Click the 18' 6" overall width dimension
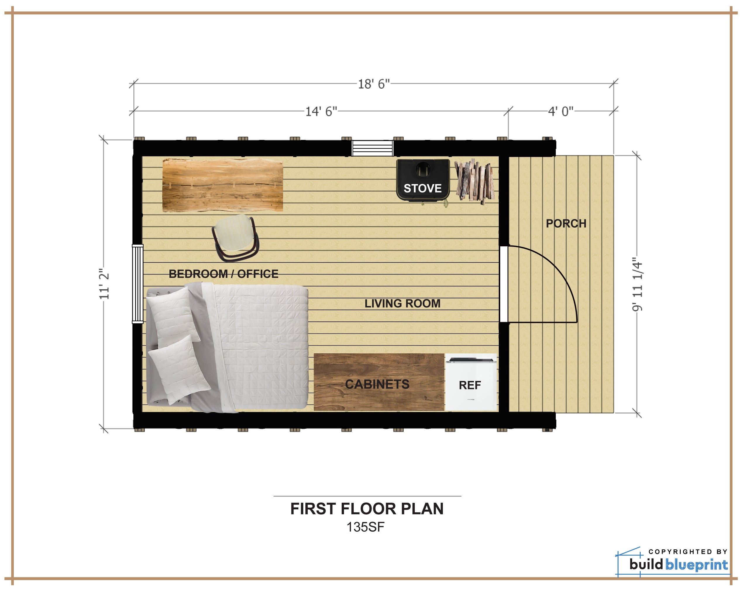pyautogui.click(x=374, y=84)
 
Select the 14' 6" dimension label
pyautogui.click(x=321, y=111)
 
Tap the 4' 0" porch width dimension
pyautogui.click(x=561, y=111)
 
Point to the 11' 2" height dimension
pyautogui.click(x=104, y=284)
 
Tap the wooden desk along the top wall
pyautogui.click(x=223, y=185)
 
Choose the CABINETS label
pyautogui.click(x=377, y=384)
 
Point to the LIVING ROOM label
pyautogui.click(x=402, y=303)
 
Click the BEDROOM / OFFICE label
pyautogui.click(x=223, y=274)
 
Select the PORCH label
pyautogui.click(x=566, y=223)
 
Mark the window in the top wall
pyautogui.click(x=372, y=148)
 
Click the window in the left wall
pyautogui.click(x=137, y=284)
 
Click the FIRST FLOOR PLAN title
pyautogui.click(x=367, y=508)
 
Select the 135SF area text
pyautogui.click(x=365, y=527)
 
